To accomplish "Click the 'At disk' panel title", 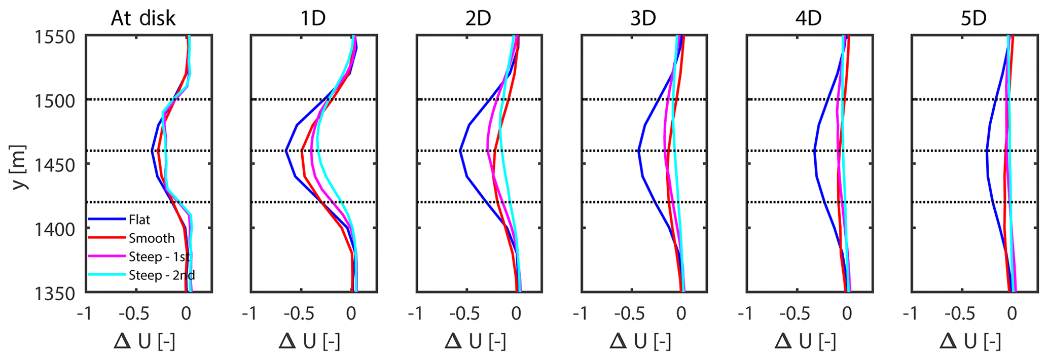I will point(143,19).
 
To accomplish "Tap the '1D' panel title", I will point(313,19).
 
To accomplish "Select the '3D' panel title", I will point(643,19).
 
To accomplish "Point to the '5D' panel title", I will point(973,19).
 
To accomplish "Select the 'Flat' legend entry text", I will point(139,220).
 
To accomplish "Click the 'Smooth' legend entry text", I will point(152,238).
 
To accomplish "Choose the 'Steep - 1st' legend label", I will point(159,257).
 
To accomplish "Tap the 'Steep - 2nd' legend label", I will point(162,275).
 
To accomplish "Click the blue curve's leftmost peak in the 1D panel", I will point(286,151).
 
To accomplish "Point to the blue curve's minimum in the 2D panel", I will point(460,151).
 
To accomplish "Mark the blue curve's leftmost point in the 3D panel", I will point(638,151).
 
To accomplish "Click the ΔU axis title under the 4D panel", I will point(805,342).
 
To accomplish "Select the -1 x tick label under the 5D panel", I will point(910,314).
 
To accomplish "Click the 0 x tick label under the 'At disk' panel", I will point(186,314).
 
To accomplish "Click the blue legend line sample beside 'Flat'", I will point(106,220).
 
